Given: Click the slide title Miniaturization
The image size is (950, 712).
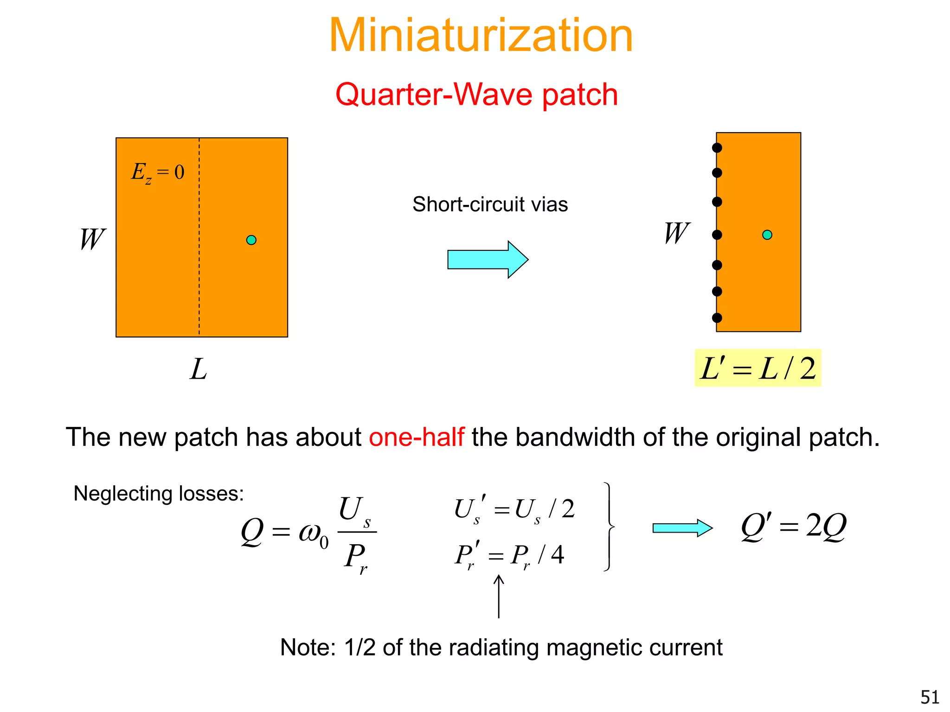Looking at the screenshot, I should pos(481,35).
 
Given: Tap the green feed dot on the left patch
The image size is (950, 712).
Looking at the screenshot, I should pos(251,240).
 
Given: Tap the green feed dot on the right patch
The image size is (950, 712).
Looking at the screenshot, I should pos(767,235).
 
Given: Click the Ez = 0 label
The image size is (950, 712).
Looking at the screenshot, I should pos(158,172).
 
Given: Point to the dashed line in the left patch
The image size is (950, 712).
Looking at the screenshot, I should pos(199,278).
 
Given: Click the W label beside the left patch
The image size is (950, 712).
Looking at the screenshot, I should pos(92,239).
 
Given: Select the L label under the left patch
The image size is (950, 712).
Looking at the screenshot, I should pos(199,369).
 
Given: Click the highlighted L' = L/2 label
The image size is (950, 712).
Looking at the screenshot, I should pos(757,369).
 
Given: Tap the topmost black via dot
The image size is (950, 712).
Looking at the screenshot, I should pos(717,148).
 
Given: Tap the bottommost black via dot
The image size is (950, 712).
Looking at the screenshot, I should pos(717,318).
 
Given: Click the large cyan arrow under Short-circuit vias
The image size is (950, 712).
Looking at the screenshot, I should pos(487,260).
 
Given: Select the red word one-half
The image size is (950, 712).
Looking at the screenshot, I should pos(416,437).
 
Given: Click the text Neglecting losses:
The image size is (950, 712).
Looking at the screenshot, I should pos(159,494).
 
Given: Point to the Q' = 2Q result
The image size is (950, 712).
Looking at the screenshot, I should pos(794,527).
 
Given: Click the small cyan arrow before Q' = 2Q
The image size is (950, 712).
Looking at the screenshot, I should pos(682,528).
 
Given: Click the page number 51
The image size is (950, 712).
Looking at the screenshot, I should pos(930,697).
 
